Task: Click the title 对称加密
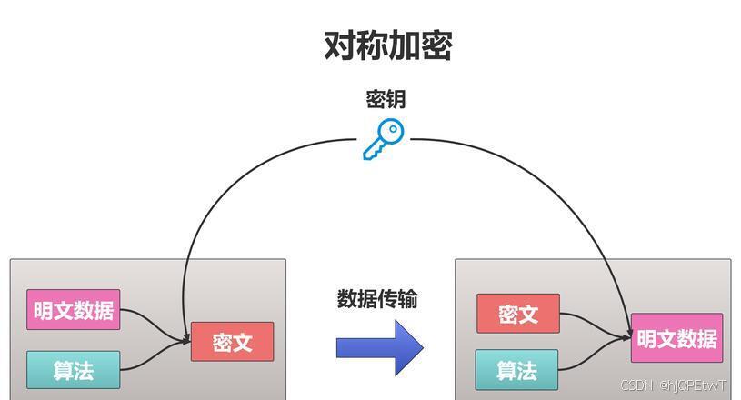[387, 45]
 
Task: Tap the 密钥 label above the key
[386, 100]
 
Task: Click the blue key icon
[383, 139]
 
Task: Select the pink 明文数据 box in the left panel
[73, 310]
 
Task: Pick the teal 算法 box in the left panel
[73, 370]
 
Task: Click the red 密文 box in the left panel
[232, 342]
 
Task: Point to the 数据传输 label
[377, 299]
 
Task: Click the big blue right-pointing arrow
[379, 347]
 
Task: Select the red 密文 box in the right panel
[517, 314]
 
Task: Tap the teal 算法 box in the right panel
[516, 370]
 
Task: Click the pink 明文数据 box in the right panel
[676, 338]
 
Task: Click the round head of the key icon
[391, 132]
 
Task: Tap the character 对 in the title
[339, 45]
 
